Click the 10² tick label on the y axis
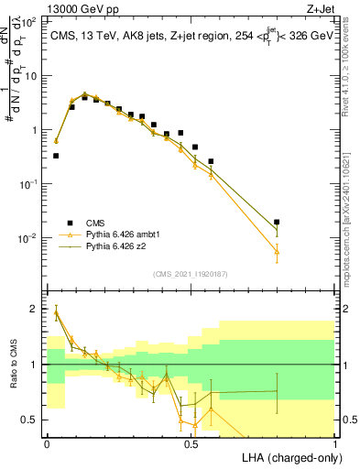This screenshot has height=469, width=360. (x=29, y=22)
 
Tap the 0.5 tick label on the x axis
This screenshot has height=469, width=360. (x=191, y=443)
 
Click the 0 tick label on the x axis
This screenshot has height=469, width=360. (x=47, y=443)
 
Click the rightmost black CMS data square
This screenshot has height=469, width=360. (x=277, y=222)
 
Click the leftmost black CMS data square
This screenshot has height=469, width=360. (x=56, y=156)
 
